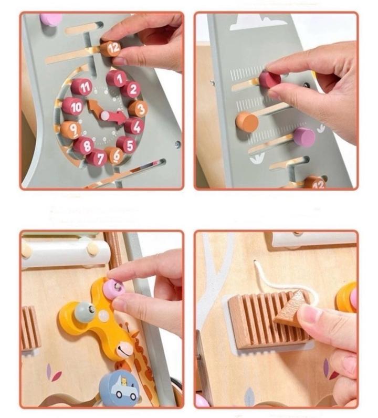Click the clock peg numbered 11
click(82, 87)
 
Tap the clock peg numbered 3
click(138, 109)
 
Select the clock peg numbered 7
click(97, 158)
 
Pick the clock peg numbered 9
click(71, 130)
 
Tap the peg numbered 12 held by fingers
click(110, 47)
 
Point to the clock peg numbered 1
click(117, 78)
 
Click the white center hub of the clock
click(106, 115)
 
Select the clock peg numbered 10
click(73, 107)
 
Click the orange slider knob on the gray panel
click(247, 122)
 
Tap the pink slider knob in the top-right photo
click(304, 137)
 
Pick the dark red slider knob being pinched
click(270, 79)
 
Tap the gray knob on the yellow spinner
click(85, 310)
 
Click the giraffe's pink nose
click(125, 350)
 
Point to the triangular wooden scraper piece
click(291, 306)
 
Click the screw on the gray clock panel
click(177, 144)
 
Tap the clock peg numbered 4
click(135, 127)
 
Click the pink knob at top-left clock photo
click(50, 19)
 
